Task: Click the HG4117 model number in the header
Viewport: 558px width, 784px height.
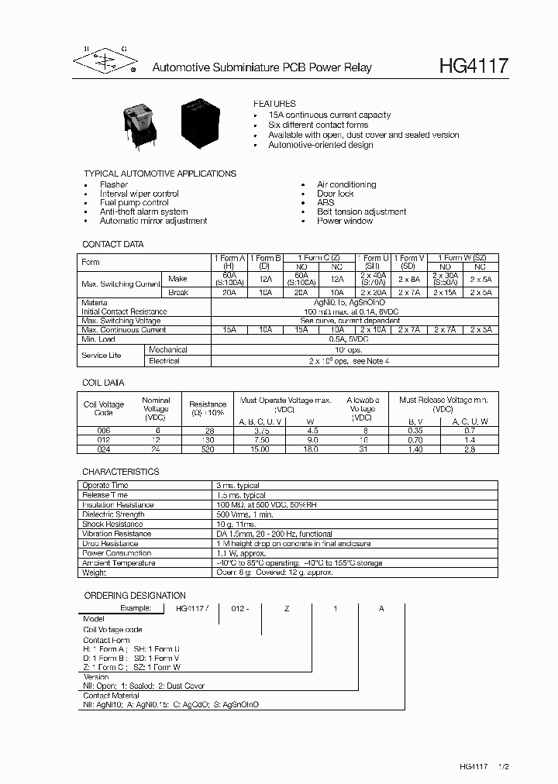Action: pos(474,67)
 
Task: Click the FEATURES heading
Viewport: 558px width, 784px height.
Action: pos(274,104)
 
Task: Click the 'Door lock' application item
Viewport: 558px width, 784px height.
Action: pos(335,194)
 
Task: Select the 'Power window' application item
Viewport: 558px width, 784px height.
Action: pos(344,221)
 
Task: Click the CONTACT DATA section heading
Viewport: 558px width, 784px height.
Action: pos(113,244)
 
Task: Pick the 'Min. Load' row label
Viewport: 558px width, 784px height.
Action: pos(98,339)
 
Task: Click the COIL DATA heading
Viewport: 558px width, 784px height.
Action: pos(103,383)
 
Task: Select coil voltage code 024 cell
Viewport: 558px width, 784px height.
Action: pos(103,449)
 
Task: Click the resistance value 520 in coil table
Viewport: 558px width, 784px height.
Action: pos(208,449)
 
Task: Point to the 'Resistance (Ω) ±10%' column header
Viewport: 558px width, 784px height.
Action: pos(208,409)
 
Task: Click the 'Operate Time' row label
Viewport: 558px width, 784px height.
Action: pos(105,485)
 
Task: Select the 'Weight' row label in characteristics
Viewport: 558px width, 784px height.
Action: pos(95,573)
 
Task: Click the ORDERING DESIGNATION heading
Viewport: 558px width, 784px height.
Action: pos(134,596)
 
